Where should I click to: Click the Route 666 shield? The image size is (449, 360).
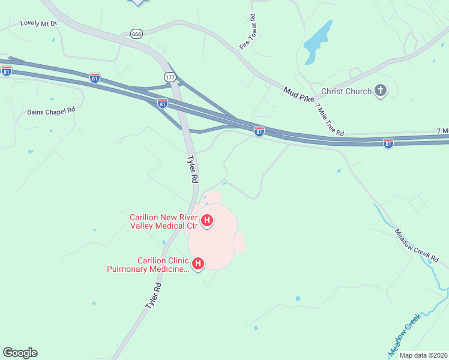(136, 34)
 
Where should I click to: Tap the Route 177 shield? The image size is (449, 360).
(169, 77)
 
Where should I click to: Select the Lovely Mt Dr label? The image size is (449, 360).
(38, 23)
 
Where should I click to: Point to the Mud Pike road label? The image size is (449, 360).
(299, 94)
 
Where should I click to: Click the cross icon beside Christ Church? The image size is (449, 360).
(380, 91)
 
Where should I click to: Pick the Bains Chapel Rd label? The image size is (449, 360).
(51, 111)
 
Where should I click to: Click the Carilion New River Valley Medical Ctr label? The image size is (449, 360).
(164, 221)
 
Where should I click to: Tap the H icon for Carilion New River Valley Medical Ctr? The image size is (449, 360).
(207, 221)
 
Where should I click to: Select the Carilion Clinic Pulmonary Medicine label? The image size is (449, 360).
(147, 265)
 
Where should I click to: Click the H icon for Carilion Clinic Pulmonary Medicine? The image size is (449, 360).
(198, 263)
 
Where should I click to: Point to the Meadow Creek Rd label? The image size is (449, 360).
(417, 246)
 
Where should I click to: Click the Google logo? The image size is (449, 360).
(20, 353)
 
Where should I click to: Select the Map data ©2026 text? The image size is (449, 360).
(423, 355)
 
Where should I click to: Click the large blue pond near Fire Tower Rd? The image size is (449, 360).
(317, 43)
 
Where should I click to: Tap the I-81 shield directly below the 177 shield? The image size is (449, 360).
(163, 103)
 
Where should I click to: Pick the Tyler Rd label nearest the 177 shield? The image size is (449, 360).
(191, 169)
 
